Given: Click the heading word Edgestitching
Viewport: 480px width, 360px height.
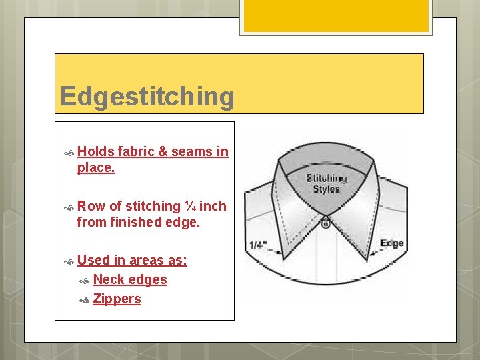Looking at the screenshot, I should click(147, 97).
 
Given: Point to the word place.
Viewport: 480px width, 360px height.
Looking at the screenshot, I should click(95, 168).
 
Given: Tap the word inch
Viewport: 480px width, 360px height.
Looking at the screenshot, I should click(213, 206).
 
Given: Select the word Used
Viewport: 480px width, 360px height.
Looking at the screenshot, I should click(93, 260).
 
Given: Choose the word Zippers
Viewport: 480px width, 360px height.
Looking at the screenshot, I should click(117, 299).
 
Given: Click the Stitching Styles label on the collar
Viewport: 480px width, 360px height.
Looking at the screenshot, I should click(327, 183).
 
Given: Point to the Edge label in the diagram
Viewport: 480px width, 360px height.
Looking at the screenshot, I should click(392, 243).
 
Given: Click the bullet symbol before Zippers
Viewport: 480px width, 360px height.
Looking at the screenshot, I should click(84, 300).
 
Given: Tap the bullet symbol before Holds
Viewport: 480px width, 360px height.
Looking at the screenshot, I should click(68, 153).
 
